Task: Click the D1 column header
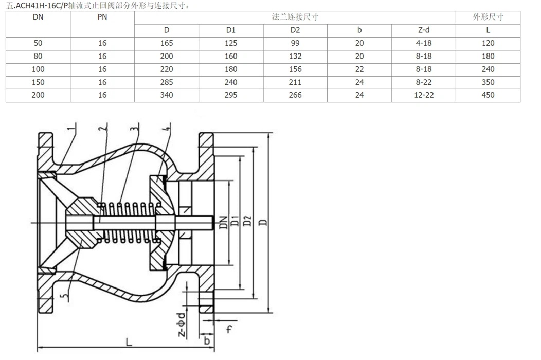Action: point(231,30)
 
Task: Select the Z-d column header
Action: point(424,30)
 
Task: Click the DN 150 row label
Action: point(38,82)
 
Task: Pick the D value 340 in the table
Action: point(167,95)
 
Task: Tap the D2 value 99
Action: point(295,43)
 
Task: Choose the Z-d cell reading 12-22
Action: point(424,95)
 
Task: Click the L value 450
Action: point(488,95)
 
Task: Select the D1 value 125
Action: point(231,43)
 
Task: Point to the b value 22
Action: point(359,69)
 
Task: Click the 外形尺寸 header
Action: point(488,17)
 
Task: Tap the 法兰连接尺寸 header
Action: point(295,17)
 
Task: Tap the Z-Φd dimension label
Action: point(183,324)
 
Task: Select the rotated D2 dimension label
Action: point(248,222)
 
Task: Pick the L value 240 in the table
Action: point(488,69)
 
